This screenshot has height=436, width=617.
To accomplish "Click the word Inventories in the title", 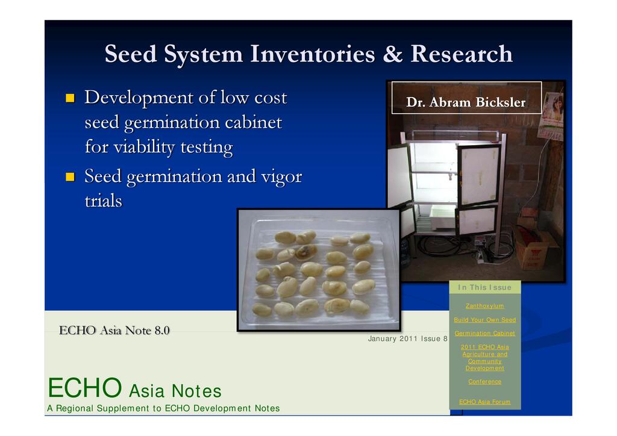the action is click(313, 54).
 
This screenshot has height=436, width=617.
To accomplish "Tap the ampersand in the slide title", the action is click(393, 54).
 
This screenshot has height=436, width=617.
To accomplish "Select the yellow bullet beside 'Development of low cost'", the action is click(70, 98).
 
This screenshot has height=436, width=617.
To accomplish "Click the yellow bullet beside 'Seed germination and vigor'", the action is click(70, 177).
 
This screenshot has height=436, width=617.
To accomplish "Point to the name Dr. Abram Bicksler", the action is click(466, 102).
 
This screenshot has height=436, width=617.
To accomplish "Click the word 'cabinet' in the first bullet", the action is click(254, 123).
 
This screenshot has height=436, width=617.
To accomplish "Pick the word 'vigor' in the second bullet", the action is click(282, 177).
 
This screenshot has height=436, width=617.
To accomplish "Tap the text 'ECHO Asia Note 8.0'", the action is click(114, 330).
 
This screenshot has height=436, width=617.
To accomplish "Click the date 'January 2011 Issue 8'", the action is click(408, 338).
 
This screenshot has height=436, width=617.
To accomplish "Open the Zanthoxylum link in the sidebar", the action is click(484, 306).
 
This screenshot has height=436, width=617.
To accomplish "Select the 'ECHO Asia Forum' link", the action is click(484, 402).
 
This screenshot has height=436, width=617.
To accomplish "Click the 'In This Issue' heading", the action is click(484, 287).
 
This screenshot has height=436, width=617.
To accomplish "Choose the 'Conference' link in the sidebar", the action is click(484, 381).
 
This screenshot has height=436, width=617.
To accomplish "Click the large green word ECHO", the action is click(84, 388).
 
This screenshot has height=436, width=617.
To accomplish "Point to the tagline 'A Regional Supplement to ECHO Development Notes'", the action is click(163, 408).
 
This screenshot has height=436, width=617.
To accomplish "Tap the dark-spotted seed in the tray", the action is click(306, 252).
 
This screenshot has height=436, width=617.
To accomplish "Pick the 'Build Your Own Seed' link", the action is click(484, 320).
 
